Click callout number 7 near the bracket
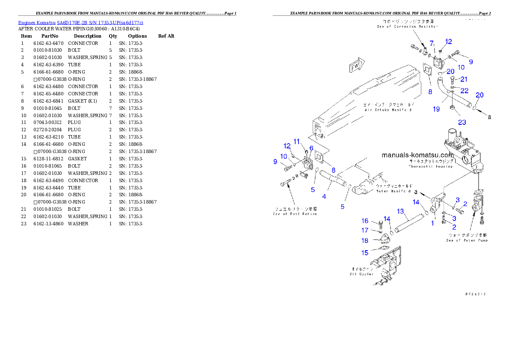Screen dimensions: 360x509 click(x=432, y=43)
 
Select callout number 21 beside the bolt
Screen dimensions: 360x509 click(x=464, y=79)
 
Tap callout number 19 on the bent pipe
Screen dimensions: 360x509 click(x=436, y=109)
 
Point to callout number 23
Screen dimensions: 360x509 click(x=462, y=122)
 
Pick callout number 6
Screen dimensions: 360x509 click(x=311, y=148)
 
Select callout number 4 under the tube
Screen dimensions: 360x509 click(x=324, y=197)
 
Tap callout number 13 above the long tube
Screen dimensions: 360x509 click(x=400, y=211)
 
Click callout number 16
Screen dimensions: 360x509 click(x=365, y=221)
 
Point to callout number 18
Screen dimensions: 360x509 click(x=365, y=241)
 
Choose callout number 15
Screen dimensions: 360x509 click(x=365, y=253)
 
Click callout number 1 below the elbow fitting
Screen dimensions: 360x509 click(x=432, y=223)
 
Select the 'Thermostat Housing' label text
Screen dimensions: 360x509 click(x=430, y=166)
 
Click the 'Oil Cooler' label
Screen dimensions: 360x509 click(x=362, y=274)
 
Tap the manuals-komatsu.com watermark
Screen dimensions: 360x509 click(x=417, y=155)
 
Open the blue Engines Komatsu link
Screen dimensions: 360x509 click(x=80, y=22)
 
